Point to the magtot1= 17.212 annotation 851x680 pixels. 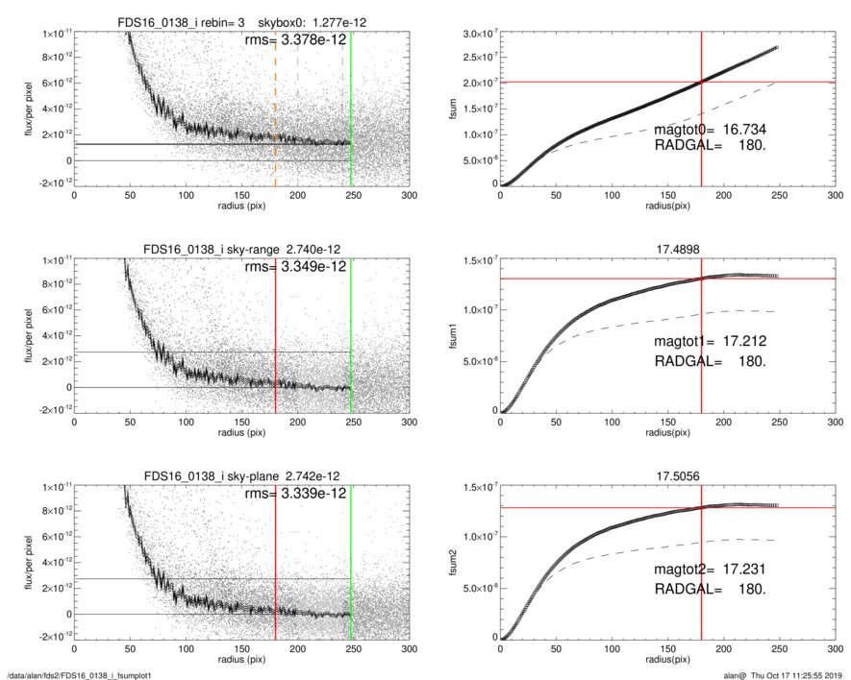[710, 341]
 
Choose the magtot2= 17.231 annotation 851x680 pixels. [710, 570]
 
